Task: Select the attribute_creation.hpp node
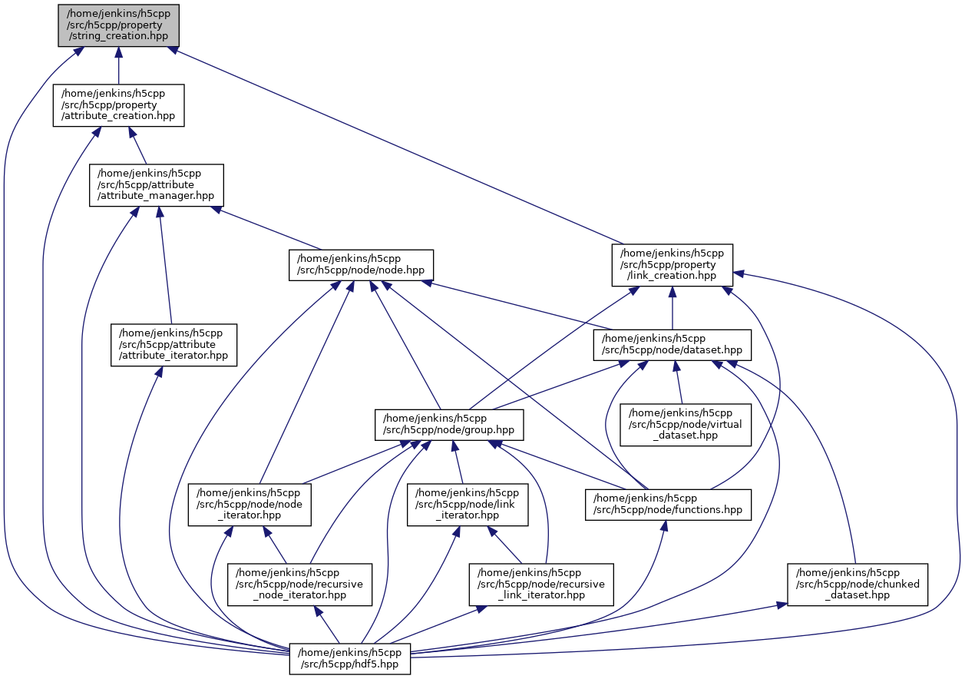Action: pyautogui.click(x=118, y=104)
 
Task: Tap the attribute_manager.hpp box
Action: pyautogui.click(x=156, y=185)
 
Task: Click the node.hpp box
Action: pyautogui.click(x=361, y=265)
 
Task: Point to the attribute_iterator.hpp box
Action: pyautogui.click(x=174, y=345)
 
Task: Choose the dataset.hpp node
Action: pyautogui.click(x=672, y=345)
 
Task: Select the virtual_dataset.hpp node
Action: pyautogui.click(x=686, y=425)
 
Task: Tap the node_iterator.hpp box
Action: pyautogui.click(x=250, y=505)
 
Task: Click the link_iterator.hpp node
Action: pyautogui.click(x=468, y=505)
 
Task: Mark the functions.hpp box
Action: pyautogui.click(x=668, y=505)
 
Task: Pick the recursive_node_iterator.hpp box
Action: pyautogui.click(x=299, y=585)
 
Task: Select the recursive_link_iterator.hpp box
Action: pyautogui.click(x=542, y=585)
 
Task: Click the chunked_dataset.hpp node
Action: pyautogui.click(x=858, y=585)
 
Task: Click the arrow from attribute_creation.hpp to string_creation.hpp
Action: pyautogui.click(x=118, y=65)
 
